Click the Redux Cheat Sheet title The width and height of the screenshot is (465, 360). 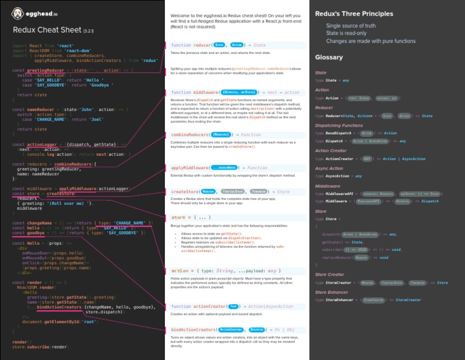pyautogui.click(x=50, y=30)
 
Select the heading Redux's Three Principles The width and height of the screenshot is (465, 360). pyautogui.click(x=354, y=13)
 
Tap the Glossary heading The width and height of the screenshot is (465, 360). pyautogui.click(x=329, y=58)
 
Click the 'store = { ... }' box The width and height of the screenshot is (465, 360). pyautogui.click(x=191, y=217)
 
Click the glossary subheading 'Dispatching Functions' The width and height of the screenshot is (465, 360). pyautogui.click(x=339, y=125)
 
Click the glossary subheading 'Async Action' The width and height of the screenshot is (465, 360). pyautogui.click(x=329, y=168)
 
